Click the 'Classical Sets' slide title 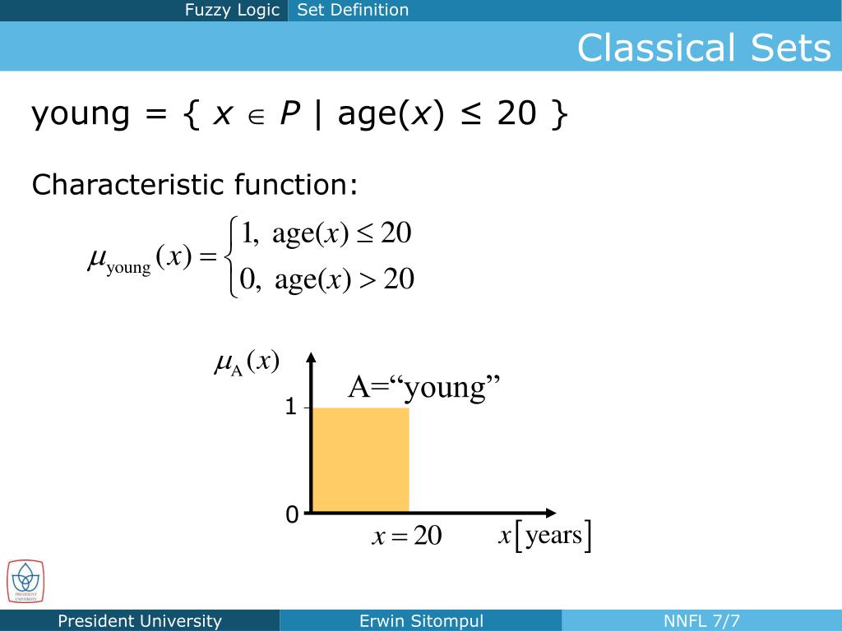[x=704, y=48]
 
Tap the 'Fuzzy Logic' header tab [x=232, y=11]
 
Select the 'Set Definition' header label [x=353, y=11]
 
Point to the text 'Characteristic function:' [x=195, y=184]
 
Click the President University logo [x=25, y=580]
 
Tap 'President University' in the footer [x=140, y=621]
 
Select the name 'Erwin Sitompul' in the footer [x=421, y=621]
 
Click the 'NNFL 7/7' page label [x=701, y=621]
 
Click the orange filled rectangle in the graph [x=360, y=459]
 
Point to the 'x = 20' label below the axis [x=407, y=537]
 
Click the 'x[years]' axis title [x=545, y=537]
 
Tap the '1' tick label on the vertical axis [x=290, y=407]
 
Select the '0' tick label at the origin [x=291, y=515]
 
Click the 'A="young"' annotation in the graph [x=424, y=386]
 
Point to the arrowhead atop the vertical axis [x=312, y=358]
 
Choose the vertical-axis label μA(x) [x=247, y=362]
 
